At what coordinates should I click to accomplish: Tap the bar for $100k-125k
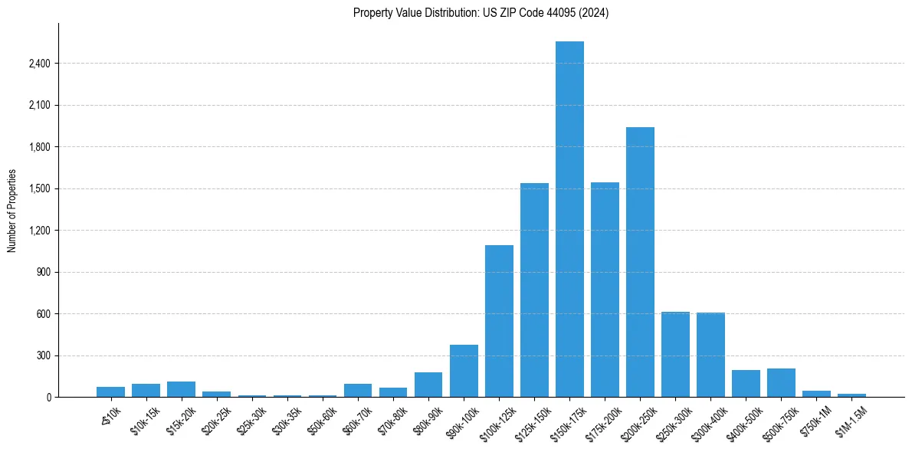[499, 321]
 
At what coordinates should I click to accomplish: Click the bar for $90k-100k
[464, 371]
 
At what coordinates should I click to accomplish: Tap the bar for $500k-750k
[781, 382]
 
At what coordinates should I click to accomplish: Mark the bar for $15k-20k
[182, 389]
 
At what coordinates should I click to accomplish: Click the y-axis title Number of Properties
[11, 210]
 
